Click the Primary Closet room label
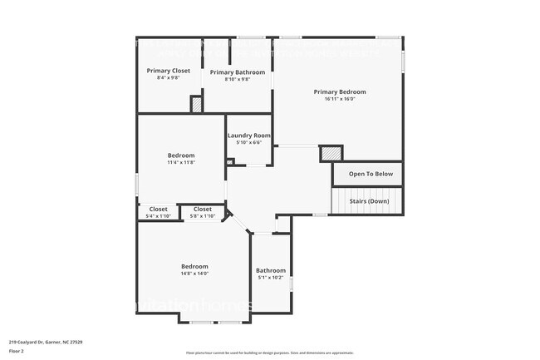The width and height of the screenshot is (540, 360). pos(169,71)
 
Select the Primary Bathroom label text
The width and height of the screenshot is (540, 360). pos(238,72)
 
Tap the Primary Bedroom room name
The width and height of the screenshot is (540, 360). pos(339,91)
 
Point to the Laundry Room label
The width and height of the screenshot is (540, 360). pos(249,136)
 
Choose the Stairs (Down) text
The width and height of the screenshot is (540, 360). pos(368,201)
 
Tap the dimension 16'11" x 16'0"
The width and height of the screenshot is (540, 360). pos(339,99)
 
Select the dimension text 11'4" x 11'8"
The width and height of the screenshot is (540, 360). pos(181,163)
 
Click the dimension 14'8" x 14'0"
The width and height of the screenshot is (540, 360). pos(194,274)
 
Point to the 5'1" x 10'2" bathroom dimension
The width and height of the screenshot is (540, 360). pos(271,278)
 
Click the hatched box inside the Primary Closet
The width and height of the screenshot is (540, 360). pos(197,105)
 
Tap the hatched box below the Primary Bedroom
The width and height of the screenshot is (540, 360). pos(331,153)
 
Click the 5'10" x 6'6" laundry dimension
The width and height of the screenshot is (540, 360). pos(249,143)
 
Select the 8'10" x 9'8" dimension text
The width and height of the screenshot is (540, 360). pos(238,80)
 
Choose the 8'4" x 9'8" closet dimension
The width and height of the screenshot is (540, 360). pos(169,78)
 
